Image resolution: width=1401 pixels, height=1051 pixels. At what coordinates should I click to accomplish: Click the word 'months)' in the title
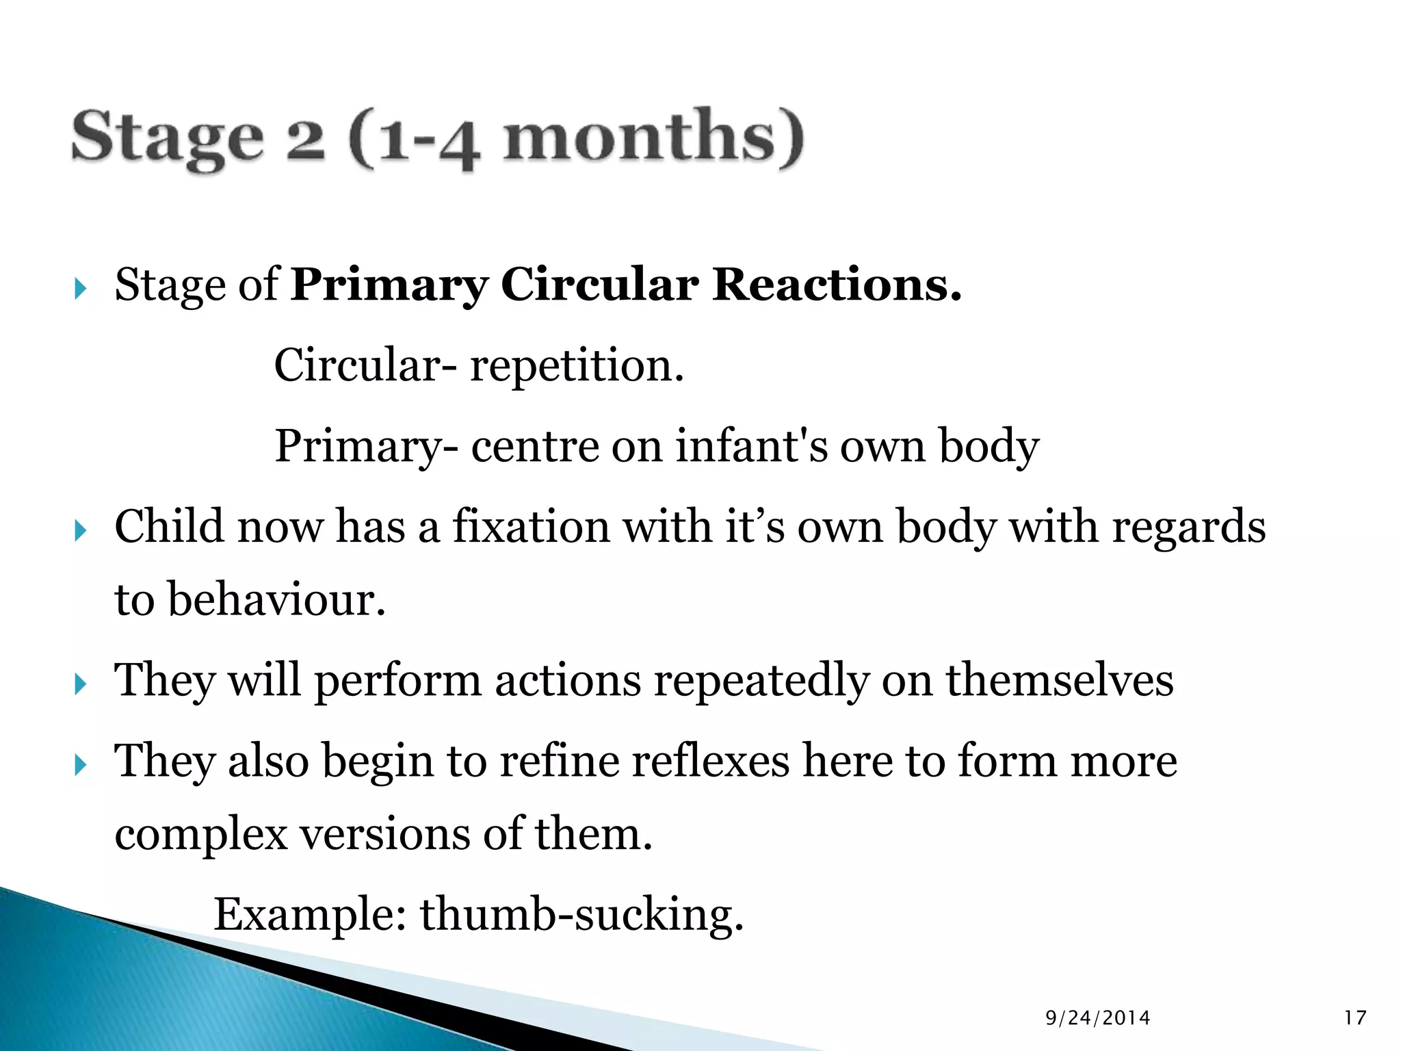click(653, 137)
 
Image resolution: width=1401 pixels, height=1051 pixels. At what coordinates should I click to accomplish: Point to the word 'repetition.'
click(577, 366)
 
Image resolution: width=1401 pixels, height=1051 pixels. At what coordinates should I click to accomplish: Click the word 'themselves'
click(1060, 680)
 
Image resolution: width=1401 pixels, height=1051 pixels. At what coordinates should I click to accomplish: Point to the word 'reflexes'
click(710, 761)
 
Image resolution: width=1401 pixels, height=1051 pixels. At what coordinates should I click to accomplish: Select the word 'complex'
click(201, 835)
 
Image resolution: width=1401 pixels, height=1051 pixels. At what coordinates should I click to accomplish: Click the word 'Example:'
click(311, 915)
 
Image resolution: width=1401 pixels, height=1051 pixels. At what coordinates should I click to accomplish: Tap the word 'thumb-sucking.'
click(581, 915)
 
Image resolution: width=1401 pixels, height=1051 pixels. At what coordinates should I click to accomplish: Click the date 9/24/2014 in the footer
click(1097, 1018)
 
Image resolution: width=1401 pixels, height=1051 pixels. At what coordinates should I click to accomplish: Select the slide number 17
click(1354, 1018)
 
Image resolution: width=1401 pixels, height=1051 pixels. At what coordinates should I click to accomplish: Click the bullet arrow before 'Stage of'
click(81, 289)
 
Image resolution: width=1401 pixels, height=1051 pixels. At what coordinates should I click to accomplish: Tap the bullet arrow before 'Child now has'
click(81, 530)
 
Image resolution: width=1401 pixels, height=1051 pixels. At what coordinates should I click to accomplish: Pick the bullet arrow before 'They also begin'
click(81, 764)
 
